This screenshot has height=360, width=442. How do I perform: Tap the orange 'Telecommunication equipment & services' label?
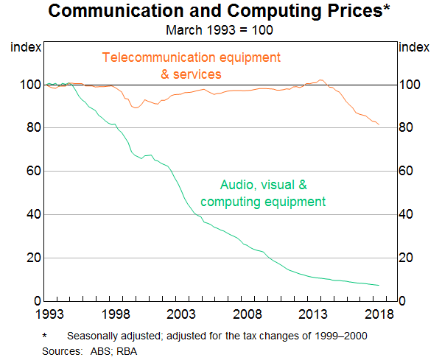192,65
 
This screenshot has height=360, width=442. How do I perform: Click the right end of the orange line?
379,124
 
